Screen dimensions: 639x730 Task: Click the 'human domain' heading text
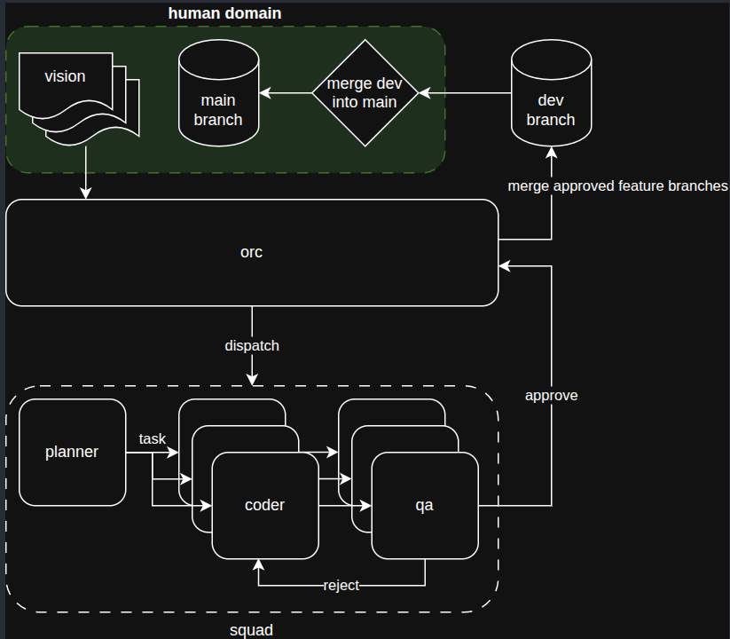[x=224, y=13]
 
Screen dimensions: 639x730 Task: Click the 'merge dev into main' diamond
[x=364, y=92]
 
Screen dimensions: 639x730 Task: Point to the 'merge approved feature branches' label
[x=617, y=186]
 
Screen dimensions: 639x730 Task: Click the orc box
[x=252, y=253]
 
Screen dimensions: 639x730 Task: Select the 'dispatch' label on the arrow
[x=252, y=345]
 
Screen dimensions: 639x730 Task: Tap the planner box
[x=72, y=452]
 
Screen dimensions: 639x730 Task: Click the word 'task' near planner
[x=153, y=438]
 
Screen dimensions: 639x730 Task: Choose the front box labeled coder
[x=264, y=505]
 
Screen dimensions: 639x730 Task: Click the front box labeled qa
[x=424, y=505]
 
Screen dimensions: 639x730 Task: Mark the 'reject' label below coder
[x=341, y=586]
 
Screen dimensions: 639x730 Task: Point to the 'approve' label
[x=551, y=396]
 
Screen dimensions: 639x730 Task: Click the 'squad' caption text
[x=251, y=629]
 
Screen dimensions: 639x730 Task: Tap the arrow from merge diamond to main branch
[x=284, y=92]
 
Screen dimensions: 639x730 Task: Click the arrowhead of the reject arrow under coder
[x=259, y=564]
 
